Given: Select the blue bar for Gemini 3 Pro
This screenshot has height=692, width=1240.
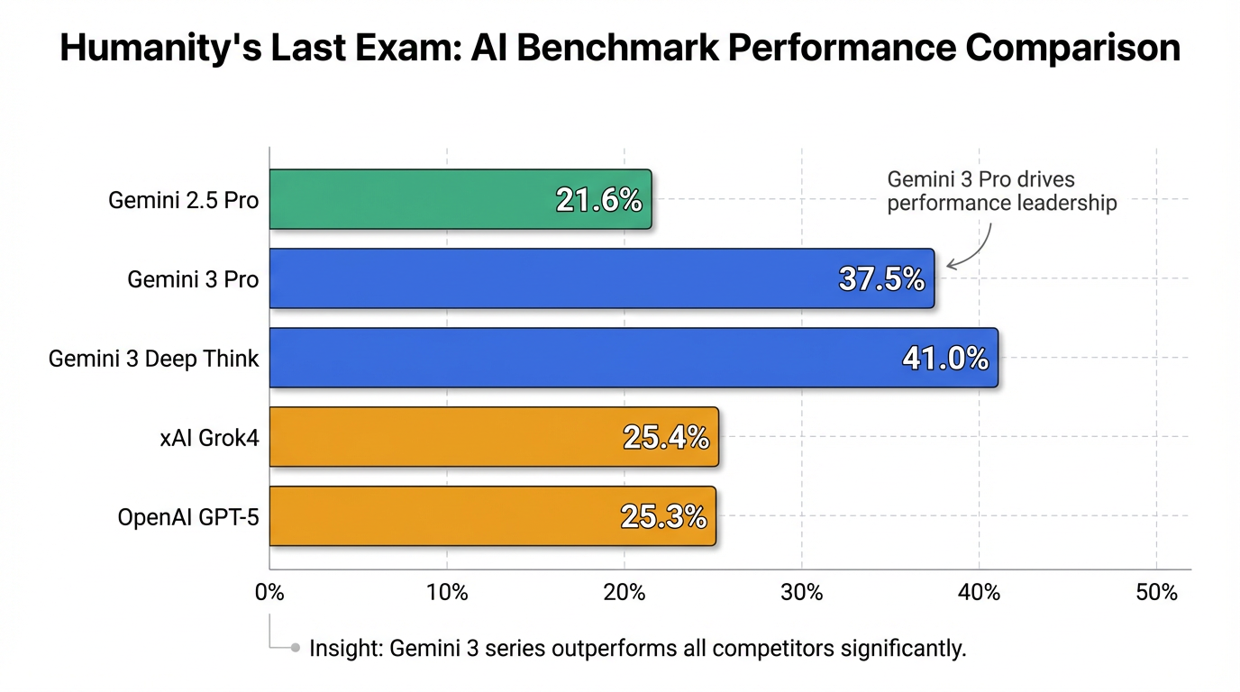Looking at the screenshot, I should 541,278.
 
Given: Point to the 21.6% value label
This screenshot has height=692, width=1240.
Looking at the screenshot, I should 598,200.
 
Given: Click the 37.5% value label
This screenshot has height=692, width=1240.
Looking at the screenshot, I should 881,279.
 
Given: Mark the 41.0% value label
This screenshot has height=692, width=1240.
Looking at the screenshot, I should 945,359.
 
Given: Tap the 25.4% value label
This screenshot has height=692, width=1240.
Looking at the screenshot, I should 666,438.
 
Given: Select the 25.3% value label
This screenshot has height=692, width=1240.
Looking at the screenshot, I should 663,517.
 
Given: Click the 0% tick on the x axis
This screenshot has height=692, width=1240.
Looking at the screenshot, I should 269,593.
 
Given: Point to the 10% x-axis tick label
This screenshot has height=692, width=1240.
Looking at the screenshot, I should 447,593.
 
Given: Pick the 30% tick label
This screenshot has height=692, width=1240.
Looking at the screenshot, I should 802,593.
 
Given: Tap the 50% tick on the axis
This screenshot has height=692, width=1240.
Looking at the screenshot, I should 1157,593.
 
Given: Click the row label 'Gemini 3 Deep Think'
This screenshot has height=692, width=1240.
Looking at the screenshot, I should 153,359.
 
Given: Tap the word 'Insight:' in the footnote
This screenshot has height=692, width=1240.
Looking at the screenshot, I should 346,648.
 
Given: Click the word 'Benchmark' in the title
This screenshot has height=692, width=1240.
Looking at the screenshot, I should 617,48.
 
